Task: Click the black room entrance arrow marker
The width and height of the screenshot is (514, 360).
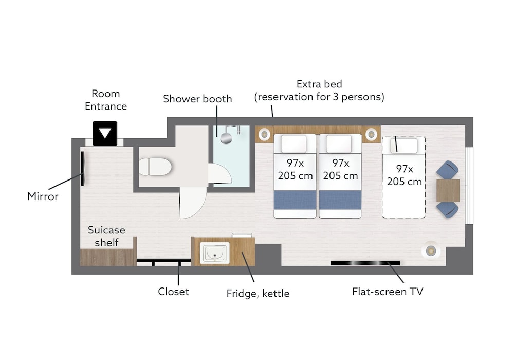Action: [x=105, y=133]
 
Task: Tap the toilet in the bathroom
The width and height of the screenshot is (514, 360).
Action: [x=155, y=167]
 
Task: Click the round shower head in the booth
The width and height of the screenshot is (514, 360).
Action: [x=226, y=138]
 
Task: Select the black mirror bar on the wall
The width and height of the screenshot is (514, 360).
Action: [x=82, y=168]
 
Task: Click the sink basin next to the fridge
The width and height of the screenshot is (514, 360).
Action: [x=215, y=253]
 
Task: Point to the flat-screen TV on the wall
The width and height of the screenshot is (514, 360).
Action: [x=365, y=263]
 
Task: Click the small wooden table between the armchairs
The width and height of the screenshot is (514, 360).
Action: [x=448, y=190]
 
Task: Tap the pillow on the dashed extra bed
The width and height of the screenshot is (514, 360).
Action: [x=404, y=146]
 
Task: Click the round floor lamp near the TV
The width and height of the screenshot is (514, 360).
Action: [x=430, y=251]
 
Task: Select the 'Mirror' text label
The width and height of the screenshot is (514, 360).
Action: [x=43, y=196]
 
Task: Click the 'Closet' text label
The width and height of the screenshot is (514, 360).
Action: [x=173, y=292]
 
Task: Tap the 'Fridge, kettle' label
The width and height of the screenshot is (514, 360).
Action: [x=258, y=294]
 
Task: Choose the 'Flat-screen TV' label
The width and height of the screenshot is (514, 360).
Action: [x=388, y=292]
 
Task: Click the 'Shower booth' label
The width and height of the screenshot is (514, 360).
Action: [x=197, y=99]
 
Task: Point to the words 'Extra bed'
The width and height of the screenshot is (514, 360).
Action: [x=319, y=84]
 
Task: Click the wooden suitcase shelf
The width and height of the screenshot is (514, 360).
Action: [x=108, y=257]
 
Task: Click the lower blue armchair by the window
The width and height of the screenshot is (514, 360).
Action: [x=448, y=209]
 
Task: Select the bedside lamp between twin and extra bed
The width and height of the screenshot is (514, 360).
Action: [x=371, y=134]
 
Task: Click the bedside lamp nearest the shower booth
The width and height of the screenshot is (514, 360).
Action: [x=264, y=134]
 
